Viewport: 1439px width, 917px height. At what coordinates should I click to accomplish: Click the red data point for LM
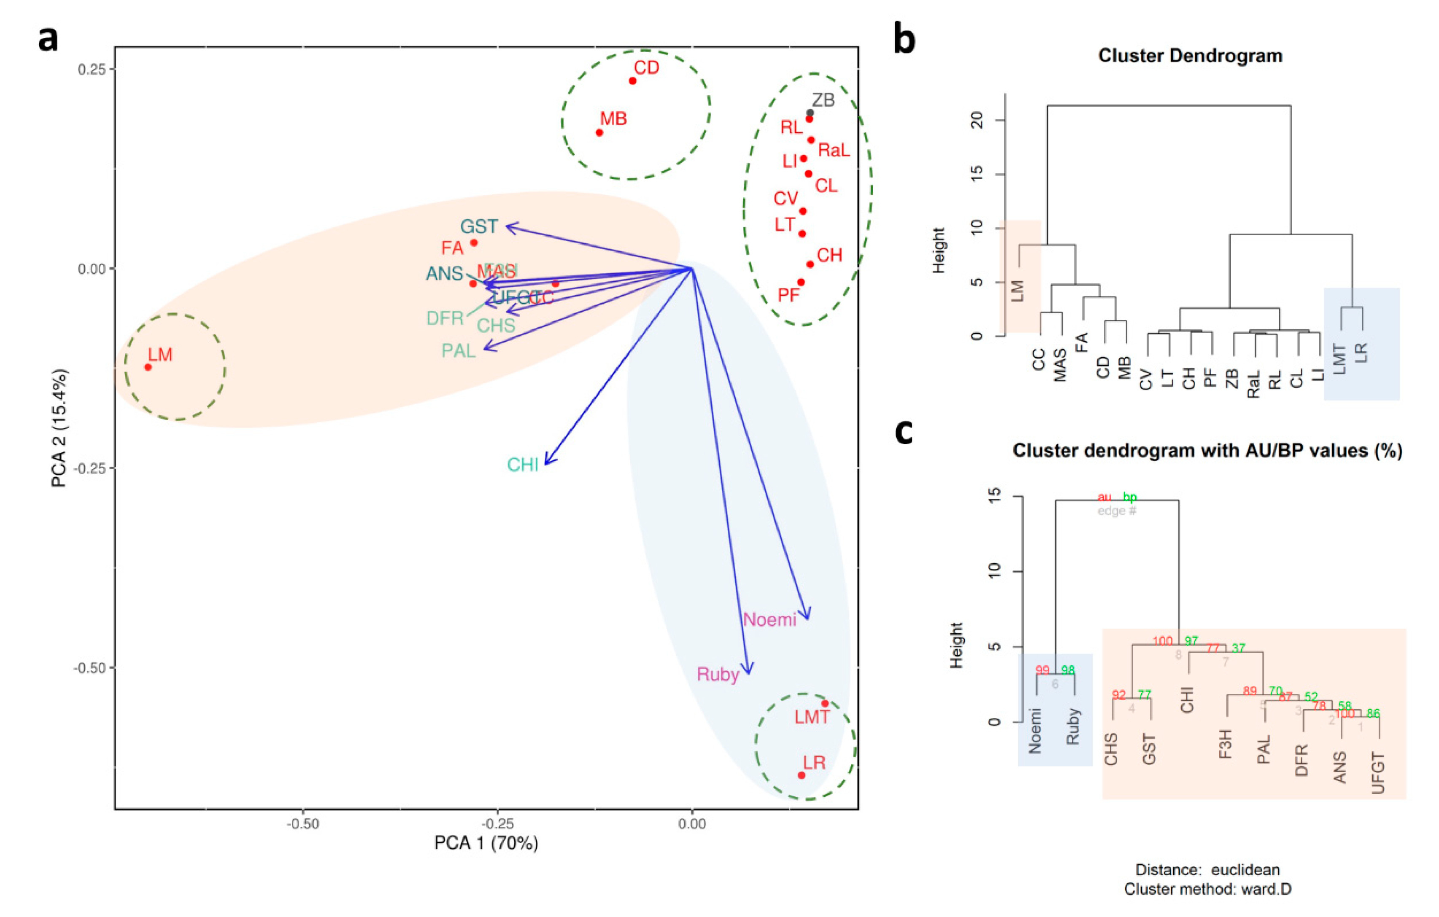[x=148, y=367]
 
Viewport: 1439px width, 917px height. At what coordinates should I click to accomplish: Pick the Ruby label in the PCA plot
[x=718, y=675]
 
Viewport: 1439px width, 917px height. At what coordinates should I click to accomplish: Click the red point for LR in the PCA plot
[x=802, y=775]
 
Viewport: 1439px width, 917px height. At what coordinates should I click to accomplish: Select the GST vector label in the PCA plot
[x=479, y=226]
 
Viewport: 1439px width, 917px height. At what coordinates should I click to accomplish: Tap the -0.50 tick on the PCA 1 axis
[x=302, y=824]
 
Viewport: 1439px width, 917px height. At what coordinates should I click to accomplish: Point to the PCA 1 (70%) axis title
[x=486, y=843]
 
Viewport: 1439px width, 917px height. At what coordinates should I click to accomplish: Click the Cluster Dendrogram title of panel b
[x=1190, y=56]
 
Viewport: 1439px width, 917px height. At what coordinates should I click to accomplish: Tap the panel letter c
[x=904, y=431]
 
